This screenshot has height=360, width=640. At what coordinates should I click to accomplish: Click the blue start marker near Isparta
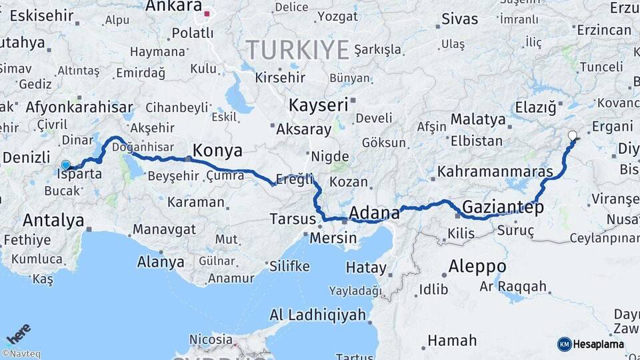click(x=65, y=165)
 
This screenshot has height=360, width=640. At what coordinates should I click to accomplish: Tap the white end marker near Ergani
click(x=572, y=136)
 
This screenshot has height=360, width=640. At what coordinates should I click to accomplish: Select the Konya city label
click(x=217, y=150)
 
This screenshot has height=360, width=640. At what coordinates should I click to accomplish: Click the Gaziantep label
click(x=503, y=207)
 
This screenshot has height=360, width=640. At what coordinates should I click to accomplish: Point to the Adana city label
click(x=375, y=213)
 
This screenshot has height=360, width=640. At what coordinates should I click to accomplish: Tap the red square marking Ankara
click(x=207, y=13)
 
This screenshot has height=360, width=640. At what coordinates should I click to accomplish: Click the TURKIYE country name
click(x=298, y=50)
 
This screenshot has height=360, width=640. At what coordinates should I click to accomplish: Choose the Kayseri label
click(x=318, y=105)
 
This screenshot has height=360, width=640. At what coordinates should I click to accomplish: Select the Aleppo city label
click(x=477, y=266)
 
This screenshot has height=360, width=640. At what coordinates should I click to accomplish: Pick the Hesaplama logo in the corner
click(x=591, y=344)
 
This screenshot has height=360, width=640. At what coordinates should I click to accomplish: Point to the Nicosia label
click(x=211, y=339)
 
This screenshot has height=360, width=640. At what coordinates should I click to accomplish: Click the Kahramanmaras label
click(x=495, y=171)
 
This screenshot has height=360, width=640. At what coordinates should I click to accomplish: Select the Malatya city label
click(x=478, y=119)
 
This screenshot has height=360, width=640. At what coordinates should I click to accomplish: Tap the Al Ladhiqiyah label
click(x=318, y=315)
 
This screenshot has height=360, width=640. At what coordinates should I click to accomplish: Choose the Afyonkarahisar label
click(x=79, y=107)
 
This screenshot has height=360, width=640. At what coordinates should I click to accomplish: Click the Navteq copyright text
click(x=21, y=353)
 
